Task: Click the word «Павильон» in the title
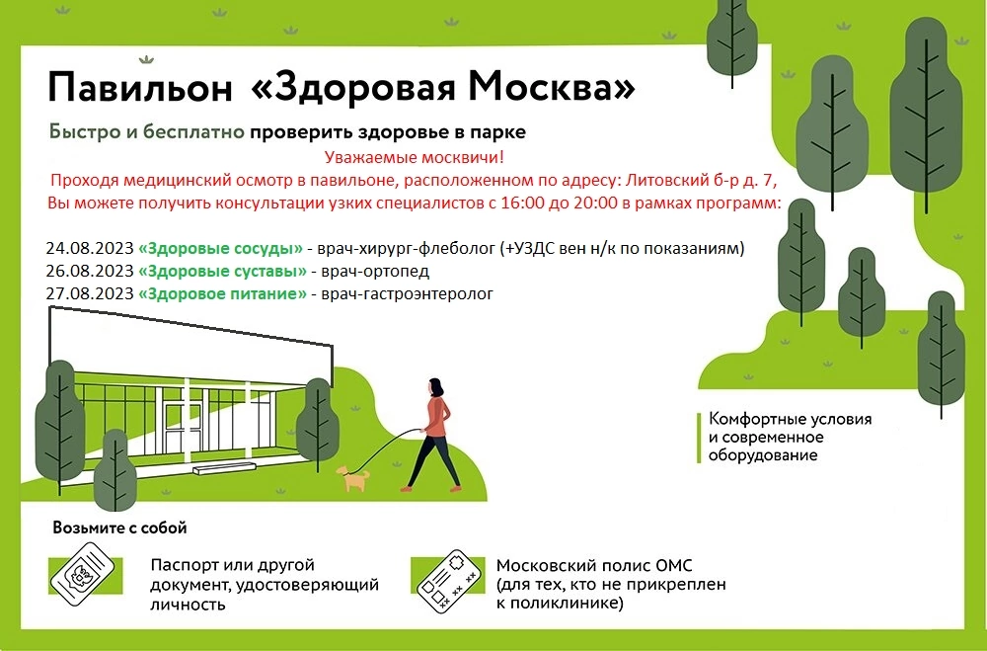coord(140,88)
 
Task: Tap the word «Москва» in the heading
coord(543,86)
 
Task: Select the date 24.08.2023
coord(90,248)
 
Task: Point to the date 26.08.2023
coord(90,271)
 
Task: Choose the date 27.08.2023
coord(90,293)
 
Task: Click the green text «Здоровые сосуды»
coord(220,248)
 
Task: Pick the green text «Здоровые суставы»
coord(222,271)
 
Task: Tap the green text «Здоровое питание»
coord(222,293)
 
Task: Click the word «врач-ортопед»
coord(375,272)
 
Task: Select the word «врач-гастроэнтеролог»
coord(408,294)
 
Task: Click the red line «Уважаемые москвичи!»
coord(415,157)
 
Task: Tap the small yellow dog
coord(353,478)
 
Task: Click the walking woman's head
coord(435,385)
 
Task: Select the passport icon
coord(83,574)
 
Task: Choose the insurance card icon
coord(449,581)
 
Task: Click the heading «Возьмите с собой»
coord(120,528)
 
